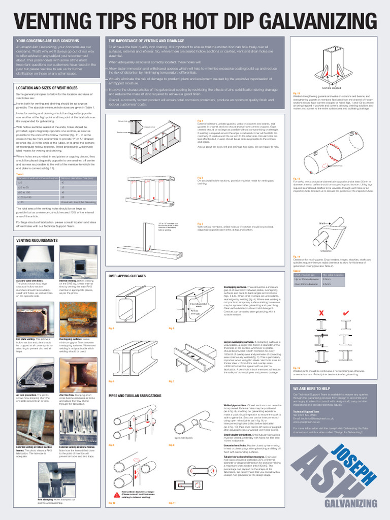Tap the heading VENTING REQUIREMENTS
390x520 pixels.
click(x=37, y=240)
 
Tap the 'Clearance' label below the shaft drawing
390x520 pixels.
click(x=326, y=251)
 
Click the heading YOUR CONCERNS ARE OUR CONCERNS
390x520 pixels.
click(x=48, y=40)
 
